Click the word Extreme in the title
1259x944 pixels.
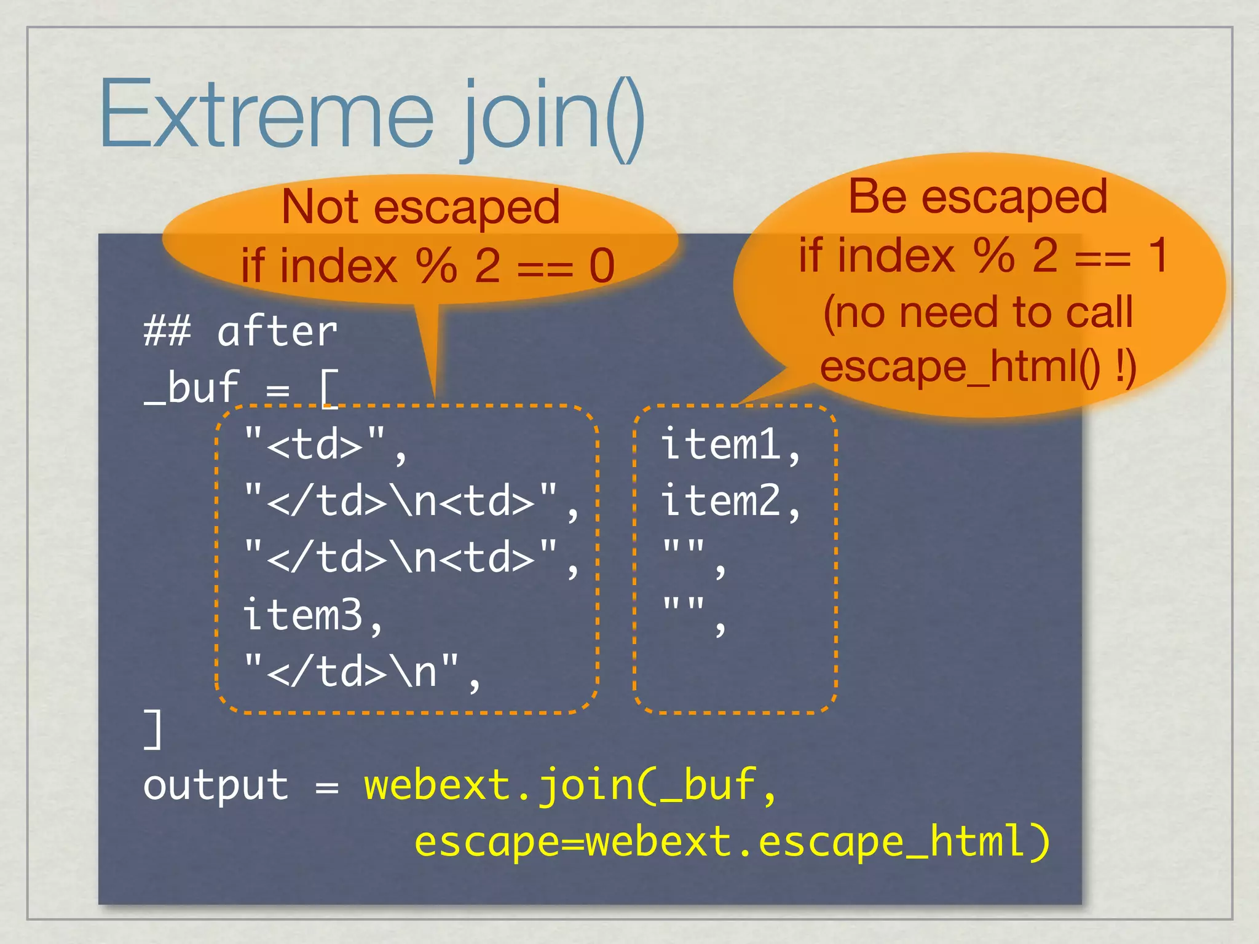[266, 116]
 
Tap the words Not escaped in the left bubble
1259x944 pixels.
[420, 208]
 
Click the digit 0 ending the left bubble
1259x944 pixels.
[601, 266]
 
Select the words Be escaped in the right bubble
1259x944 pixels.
[977, 197]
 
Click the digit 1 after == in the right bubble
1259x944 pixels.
[1158, 255]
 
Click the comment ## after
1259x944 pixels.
[240, 332]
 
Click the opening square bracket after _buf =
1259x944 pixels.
[329, 388]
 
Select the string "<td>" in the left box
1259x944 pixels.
[315, 444]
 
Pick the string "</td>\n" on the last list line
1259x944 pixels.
[351, 671]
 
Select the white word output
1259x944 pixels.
[215, 785]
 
